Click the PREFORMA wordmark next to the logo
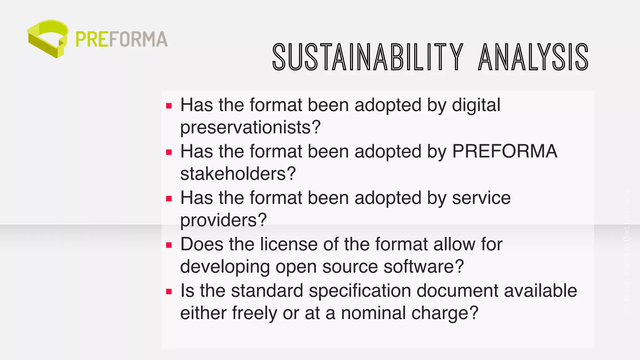(x=122, y=39)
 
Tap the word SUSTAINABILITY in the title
(x=368, y=57)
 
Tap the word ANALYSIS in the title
(x=533, y=57)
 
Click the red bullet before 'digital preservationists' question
(x=169, y=106)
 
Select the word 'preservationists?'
(x=250, y=127)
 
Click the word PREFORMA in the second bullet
(x=505, y=151)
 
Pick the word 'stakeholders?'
(x=238, y=174)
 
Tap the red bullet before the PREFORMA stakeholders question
(x=169, y=152)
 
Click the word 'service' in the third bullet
(x=481, y=198)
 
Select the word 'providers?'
(x=223, y=220)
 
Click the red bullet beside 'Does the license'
(x=169, y=245)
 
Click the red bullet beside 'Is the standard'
(x=169, y=292)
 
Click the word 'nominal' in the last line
(x=373, y=313)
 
